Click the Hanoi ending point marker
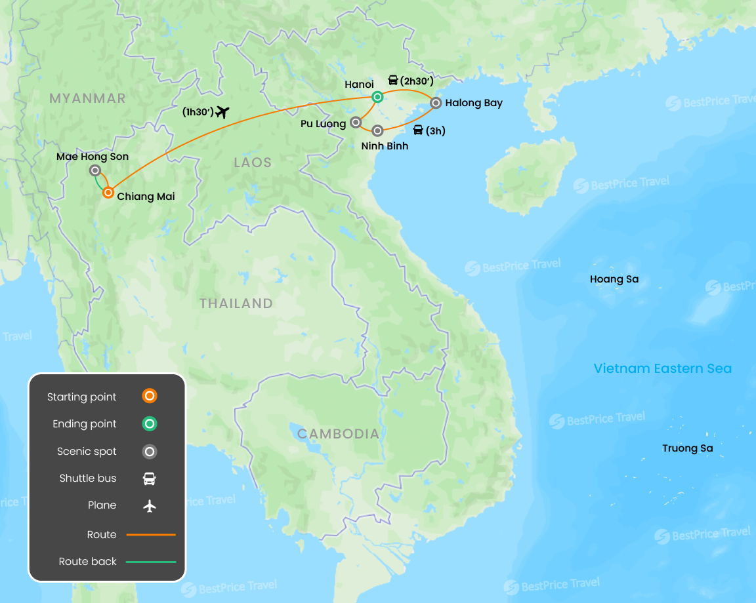[377, 98]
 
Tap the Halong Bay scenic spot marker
[436, 102]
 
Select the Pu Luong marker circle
[356, 122]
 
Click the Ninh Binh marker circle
[377, 130]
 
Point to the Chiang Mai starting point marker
[108, 193]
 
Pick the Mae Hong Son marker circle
[95, 170]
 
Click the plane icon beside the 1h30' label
[222, 112]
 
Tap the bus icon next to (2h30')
[393, 81]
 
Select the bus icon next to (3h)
[418, 130]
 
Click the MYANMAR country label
[87, 98]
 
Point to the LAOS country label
[253, 163]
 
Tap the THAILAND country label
[236, 303]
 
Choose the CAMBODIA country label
[338, 434]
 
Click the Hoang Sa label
[614, 279]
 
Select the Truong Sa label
[688, 448]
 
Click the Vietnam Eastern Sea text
[663, 368]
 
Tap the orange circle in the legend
[150, 396]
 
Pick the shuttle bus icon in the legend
[150, 478]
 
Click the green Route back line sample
[151, 562]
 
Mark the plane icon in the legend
[150, 505]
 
